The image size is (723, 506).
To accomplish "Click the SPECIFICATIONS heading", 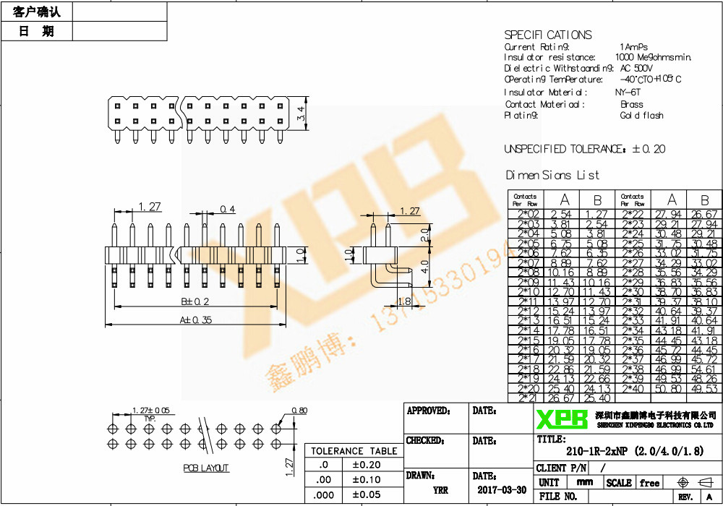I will pyautogui.click(x=547, y=35).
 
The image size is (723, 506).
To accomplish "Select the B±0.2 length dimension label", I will pyautogui.click(x=194, y=301).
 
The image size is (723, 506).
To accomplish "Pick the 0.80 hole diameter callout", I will pyautogui.click(x=299, y=411).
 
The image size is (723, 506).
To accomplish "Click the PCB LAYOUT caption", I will pyautogui.click(x=206, y=468).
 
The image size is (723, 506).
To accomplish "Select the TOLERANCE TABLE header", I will pyautogui.click(x=354, y=451).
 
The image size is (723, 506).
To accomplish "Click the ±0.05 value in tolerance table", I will pyautogui.click(x=366, y=494).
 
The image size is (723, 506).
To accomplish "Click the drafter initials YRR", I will pyautogui.click(x=440, y=489).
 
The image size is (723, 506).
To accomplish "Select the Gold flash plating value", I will pyautogui.click(x=641, y=116).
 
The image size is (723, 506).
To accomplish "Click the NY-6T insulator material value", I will pyautogui.click(x=627, y=93).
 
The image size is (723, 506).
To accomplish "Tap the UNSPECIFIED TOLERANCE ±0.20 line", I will pyautogui.click(x=584, y=149).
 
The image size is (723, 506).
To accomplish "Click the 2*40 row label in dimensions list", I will pyautogui.click(x=632, y=388).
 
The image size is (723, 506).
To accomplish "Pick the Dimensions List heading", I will pyautogui.click(x=552, y=175).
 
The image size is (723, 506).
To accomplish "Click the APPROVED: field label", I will pyautogui.click(x=429, y=411).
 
